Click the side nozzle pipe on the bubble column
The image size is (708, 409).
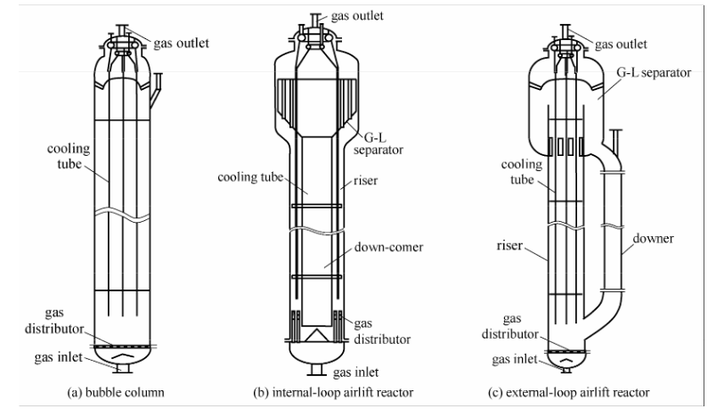156,89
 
